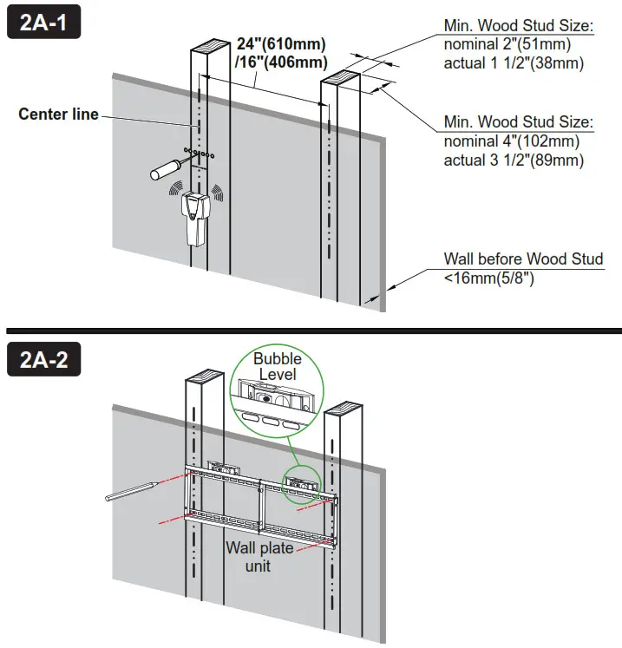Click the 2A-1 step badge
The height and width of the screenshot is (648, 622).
pyautogui.click(x=43, y=24)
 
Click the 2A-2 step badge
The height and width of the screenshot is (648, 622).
pyautogui.click(x=43, y=359)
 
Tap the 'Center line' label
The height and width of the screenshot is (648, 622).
pyautogui.click(x=59, y=115)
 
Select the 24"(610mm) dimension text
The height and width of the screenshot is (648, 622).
pyautogui.click(x=282, y=44)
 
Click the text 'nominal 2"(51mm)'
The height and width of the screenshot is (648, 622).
pyautogui.click(x=514, y=45)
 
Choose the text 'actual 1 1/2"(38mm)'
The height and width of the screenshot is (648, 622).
pyautogui.click(x=514, y=63)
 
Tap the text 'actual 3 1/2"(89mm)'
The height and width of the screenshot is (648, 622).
pyautogui.click(x=514, y=160)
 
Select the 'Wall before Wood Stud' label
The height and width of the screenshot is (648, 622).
pyautogui.click(x=523, y=259)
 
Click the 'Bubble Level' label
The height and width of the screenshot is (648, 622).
pyautogui.click(x=277, y=366)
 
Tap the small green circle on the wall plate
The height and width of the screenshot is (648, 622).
pyautogui.click(x=302, y=481)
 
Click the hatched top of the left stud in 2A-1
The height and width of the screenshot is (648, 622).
pyautogui.click(x=206, y=45)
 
